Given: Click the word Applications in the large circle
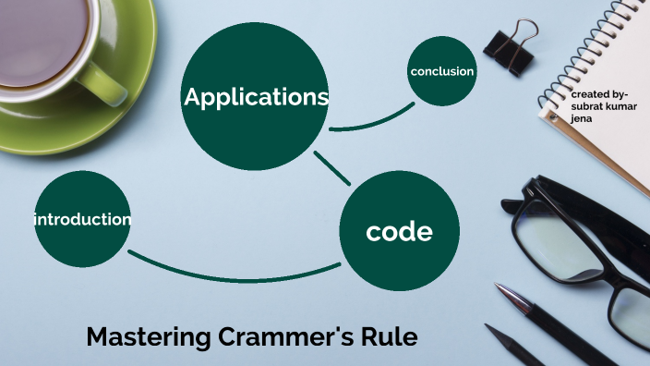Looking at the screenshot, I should tap(256, 97).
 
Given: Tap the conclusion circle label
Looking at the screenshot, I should tap(441, 71).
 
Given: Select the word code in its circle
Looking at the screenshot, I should tap(399, 231).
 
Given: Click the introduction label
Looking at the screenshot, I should tap(82, 219).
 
